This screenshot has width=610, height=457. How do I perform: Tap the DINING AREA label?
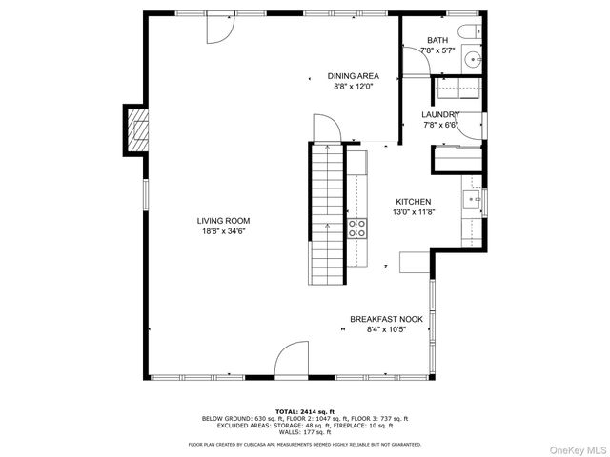click(353, 75)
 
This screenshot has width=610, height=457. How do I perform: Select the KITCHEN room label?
click(414, 202)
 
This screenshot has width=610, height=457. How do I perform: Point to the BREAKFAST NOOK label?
click(386, 319)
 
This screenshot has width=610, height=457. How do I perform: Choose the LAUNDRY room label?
click(440, 114)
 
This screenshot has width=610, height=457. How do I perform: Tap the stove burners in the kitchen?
click(356, 228)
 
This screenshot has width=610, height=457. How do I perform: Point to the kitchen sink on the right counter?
click(471, 201)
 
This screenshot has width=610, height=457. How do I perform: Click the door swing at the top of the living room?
click(220, 28)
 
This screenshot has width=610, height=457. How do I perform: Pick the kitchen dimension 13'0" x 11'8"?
click(414, 213)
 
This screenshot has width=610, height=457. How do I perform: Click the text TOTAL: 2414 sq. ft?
click(304, 410)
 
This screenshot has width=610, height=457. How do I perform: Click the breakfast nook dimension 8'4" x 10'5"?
click(386, 330)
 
